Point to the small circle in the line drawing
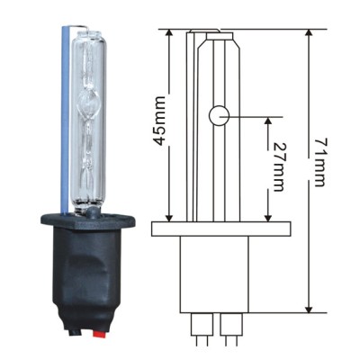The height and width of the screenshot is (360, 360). pos(219,115)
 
